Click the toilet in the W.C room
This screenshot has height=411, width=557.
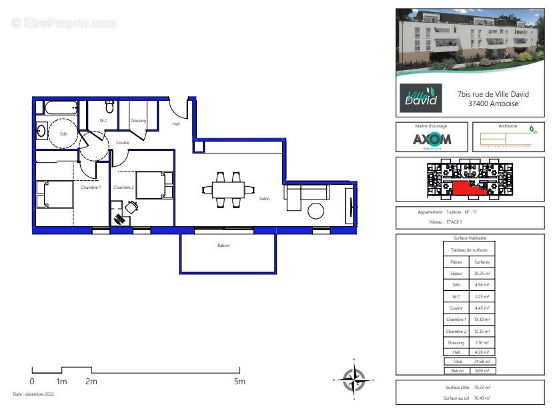[x=109, y=107]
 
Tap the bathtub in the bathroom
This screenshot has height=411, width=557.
[x=59, y=107]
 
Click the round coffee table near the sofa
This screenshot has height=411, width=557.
[x=316, y=211]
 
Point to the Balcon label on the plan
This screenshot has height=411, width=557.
[x=224, y=246]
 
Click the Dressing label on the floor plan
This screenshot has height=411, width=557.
[x=138, y=121]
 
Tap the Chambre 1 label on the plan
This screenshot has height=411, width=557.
[x=91, y=187]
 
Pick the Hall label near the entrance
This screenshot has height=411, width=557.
[x=176, y=124]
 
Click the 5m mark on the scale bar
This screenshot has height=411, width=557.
[x=239, y=382]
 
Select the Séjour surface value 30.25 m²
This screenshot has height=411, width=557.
[x=482, y=274]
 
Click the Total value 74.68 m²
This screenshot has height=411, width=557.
[x=482, y=361]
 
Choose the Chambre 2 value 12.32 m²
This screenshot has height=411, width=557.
[x=482, y=332]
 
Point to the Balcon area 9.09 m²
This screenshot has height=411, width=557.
[x=482, y=370]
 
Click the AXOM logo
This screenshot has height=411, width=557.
[x=432, y=139]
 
